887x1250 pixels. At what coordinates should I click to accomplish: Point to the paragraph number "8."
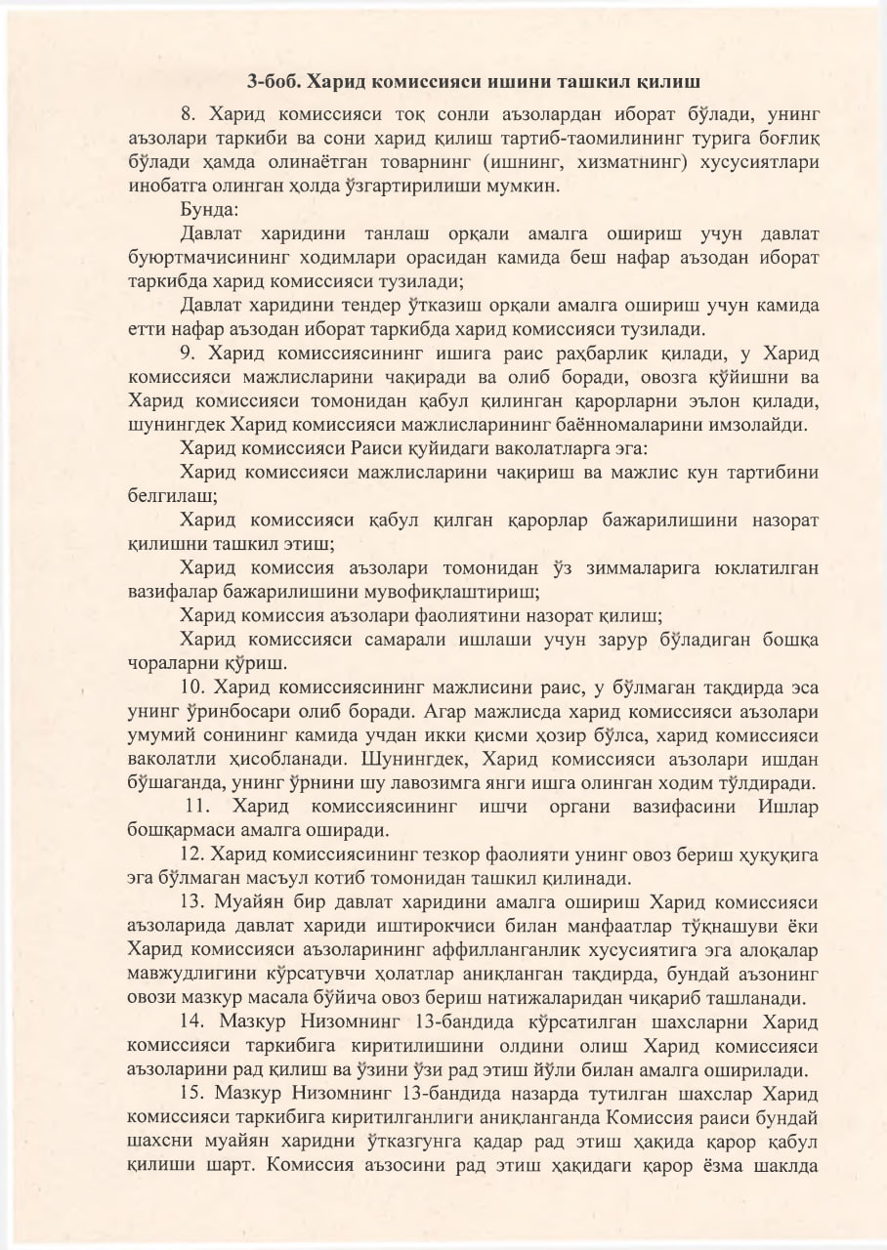[x=190, y=113]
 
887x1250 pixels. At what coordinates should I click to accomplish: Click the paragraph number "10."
[x=193, y=687]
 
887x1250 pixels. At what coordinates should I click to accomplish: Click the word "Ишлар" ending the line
[x=788, y=808]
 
